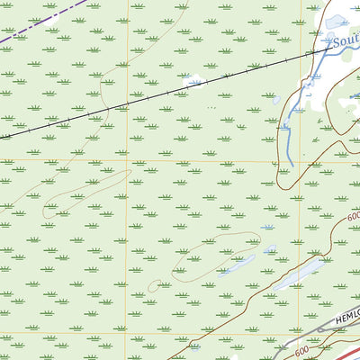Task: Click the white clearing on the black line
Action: [194, 83]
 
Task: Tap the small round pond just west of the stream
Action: [276, 100]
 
